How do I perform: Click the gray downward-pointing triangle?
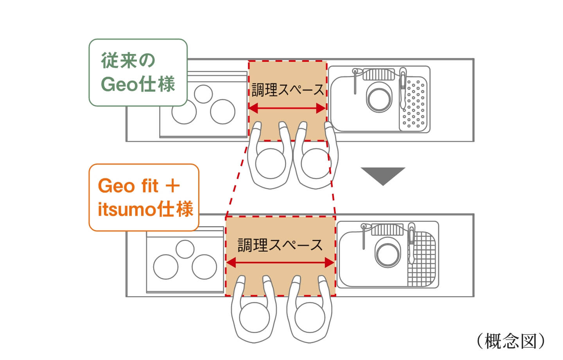(383, 175)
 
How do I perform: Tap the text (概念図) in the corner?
(511, 341)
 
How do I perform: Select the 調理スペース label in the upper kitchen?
(288, 90)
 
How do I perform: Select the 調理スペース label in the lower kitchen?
(280, 245)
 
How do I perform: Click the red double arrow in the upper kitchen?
(288, 108)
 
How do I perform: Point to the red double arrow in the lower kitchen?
(280, 263)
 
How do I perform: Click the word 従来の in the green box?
(128, 61)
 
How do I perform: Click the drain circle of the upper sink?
(378, 98)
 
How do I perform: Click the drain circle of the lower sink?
(387, 253)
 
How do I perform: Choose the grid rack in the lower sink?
(421, 259)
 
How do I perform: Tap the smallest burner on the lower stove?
(185, 248)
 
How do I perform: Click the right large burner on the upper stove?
(222, 112)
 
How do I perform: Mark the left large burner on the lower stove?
(166, 267)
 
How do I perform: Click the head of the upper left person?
(271, 163)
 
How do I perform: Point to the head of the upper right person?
(316, 163)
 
